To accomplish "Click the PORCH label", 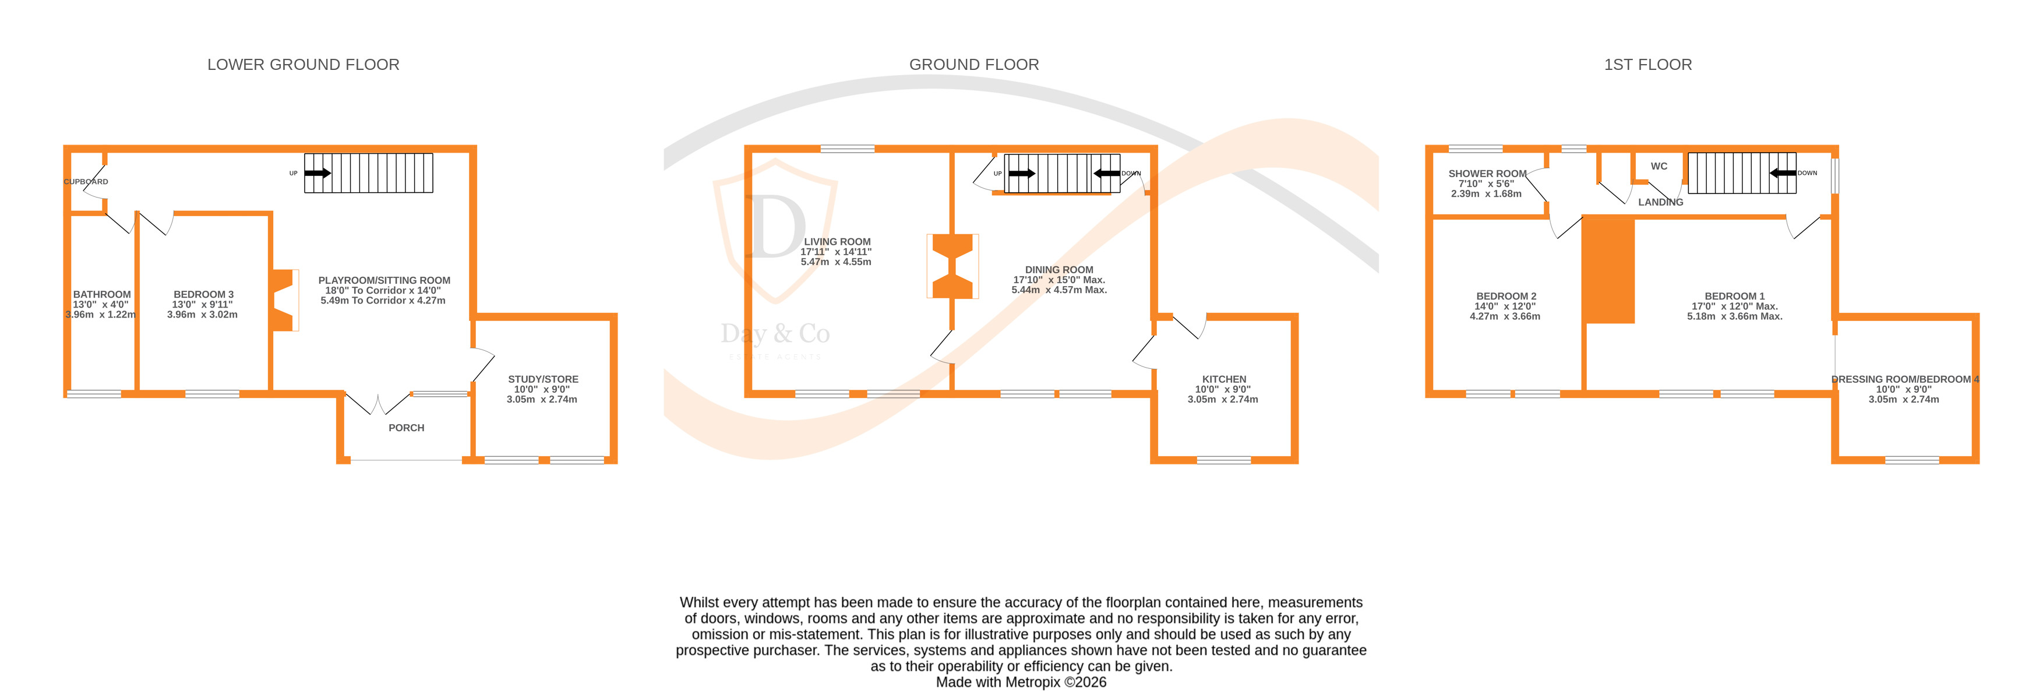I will (x=406, y=428).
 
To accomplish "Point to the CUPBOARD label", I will (x=86, y=182).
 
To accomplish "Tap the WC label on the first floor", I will (x=1659, y=167).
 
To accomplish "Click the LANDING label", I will (x=1660, y=202).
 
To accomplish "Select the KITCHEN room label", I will (x=1224, y=379).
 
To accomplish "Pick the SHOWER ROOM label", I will (x=1487, y=174).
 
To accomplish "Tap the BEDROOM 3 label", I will (x=203, y=294).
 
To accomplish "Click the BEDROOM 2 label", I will (x=1505, y=296).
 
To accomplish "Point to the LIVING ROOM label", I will (x=837, y=242).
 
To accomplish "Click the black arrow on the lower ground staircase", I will (x=318, y=173).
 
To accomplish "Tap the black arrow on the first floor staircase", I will (x=1782, y=173).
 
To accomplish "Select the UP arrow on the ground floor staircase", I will (x=1022, y=174).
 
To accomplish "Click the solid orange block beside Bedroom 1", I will (x=1608, y=270).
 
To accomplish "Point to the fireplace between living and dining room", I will (x=952, y=266).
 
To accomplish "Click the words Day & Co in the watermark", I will (x=775, y=334).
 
